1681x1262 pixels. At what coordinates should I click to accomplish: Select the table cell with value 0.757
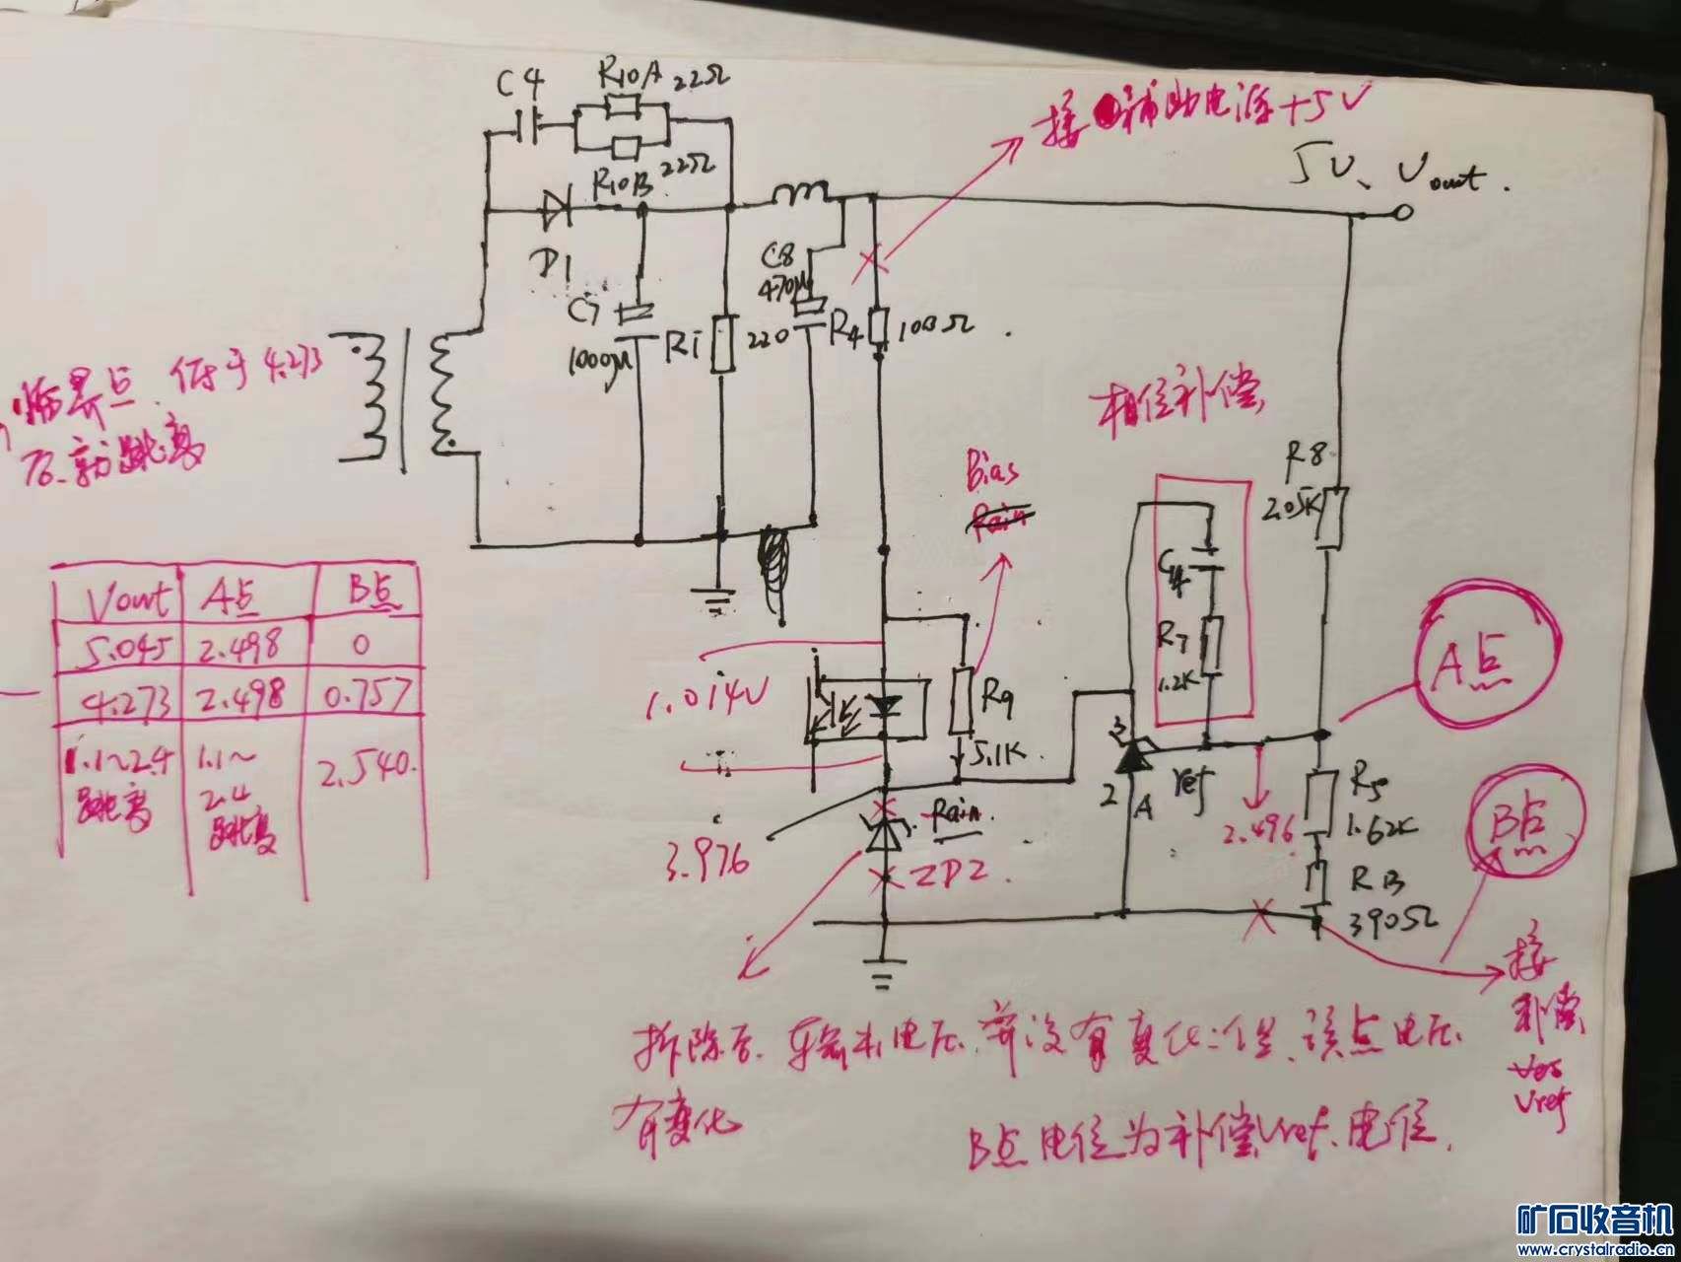coord(365,697)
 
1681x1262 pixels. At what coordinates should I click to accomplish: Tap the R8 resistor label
coord(1311,456)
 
